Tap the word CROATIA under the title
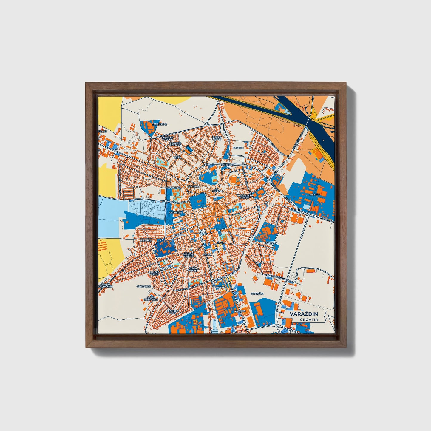click(309, 319)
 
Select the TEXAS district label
click(177, 157)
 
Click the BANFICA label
click(238, 148)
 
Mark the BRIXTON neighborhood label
click(178, 235)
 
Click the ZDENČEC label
click(146, 240)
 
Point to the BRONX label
click(219, 287)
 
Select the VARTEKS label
click(240, 311)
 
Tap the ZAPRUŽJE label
click(257, 293)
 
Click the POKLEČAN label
click(271, 243)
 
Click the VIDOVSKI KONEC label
click(189, 255)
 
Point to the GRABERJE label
click(175, 213)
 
